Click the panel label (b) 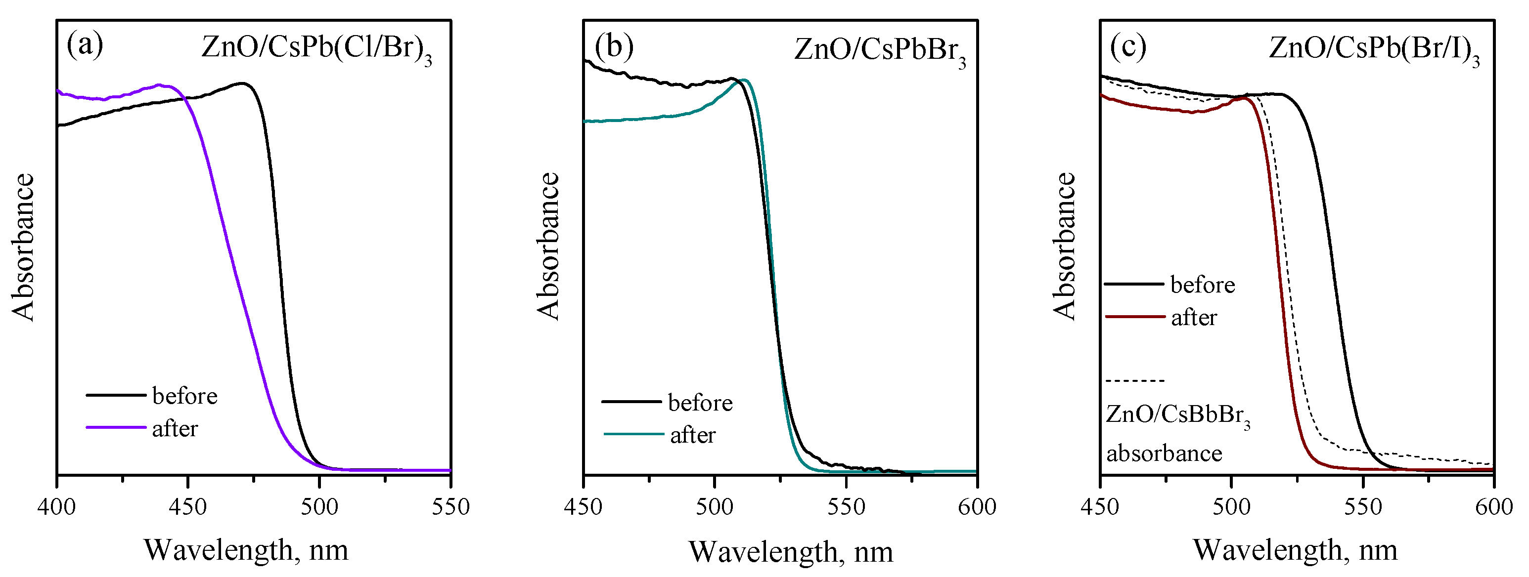pos(614,46)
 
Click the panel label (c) pos(1128,46)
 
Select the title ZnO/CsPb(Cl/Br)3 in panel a pos(316,48)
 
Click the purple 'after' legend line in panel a pos(116,427)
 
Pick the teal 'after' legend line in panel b pos(633,434)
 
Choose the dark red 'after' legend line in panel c pos(1135,317)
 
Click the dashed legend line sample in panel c pos(1135,380)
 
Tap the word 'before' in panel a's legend pos(184,396)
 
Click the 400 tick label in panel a pos(57,507)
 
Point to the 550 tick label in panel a pos(451,507)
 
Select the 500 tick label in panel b pos(715,507)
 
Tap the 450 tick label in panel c pos(1101,507)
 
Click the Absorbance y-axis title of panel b pos(548,246)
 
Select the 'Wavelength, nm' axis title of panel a pos(246,550)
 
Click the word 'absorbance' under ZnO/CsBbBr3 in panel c pos(1164,453)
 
